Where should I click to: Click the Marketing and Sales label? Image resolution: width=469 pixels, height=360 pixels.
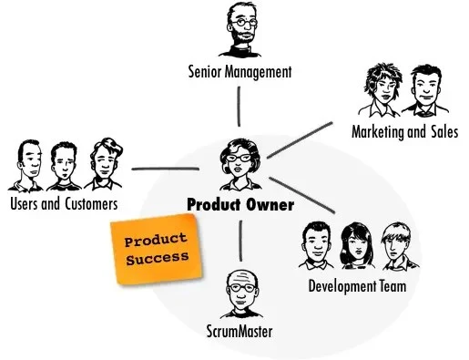(404, 132)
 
